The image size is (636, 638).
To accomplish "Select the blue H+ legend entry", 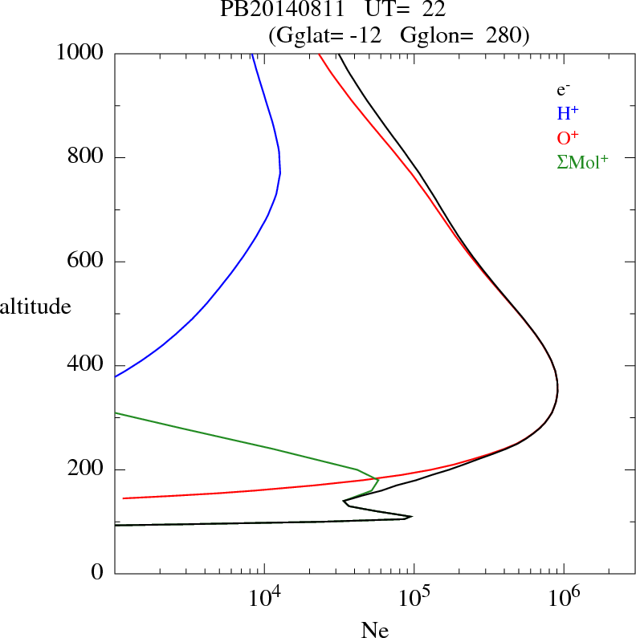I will coord(568,113).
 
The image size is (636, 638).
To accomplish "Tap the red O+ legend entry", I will coord(568,137).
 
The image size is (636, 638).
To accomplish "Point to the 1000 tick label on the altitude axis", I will coord(81,53).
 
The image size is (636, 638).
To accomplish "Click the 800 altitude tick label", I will coord(87,157).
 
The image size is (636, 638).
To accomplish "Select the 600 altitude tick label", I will coord(87,262).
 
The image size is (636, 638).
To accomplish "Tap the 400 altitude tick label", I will coord(87,365).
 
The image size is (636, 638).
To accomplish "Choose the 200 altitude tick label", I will coord(87,469).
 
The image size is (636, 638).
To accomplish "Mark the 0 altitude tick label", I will coord(98,573).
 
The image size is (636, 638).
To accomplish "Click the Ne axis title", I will coord(374,630).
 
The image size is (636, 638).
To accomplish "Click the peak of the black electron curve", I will coord(557,390).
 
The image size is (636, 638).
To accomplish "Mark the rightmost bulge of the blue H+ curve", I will coord(280,173).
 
